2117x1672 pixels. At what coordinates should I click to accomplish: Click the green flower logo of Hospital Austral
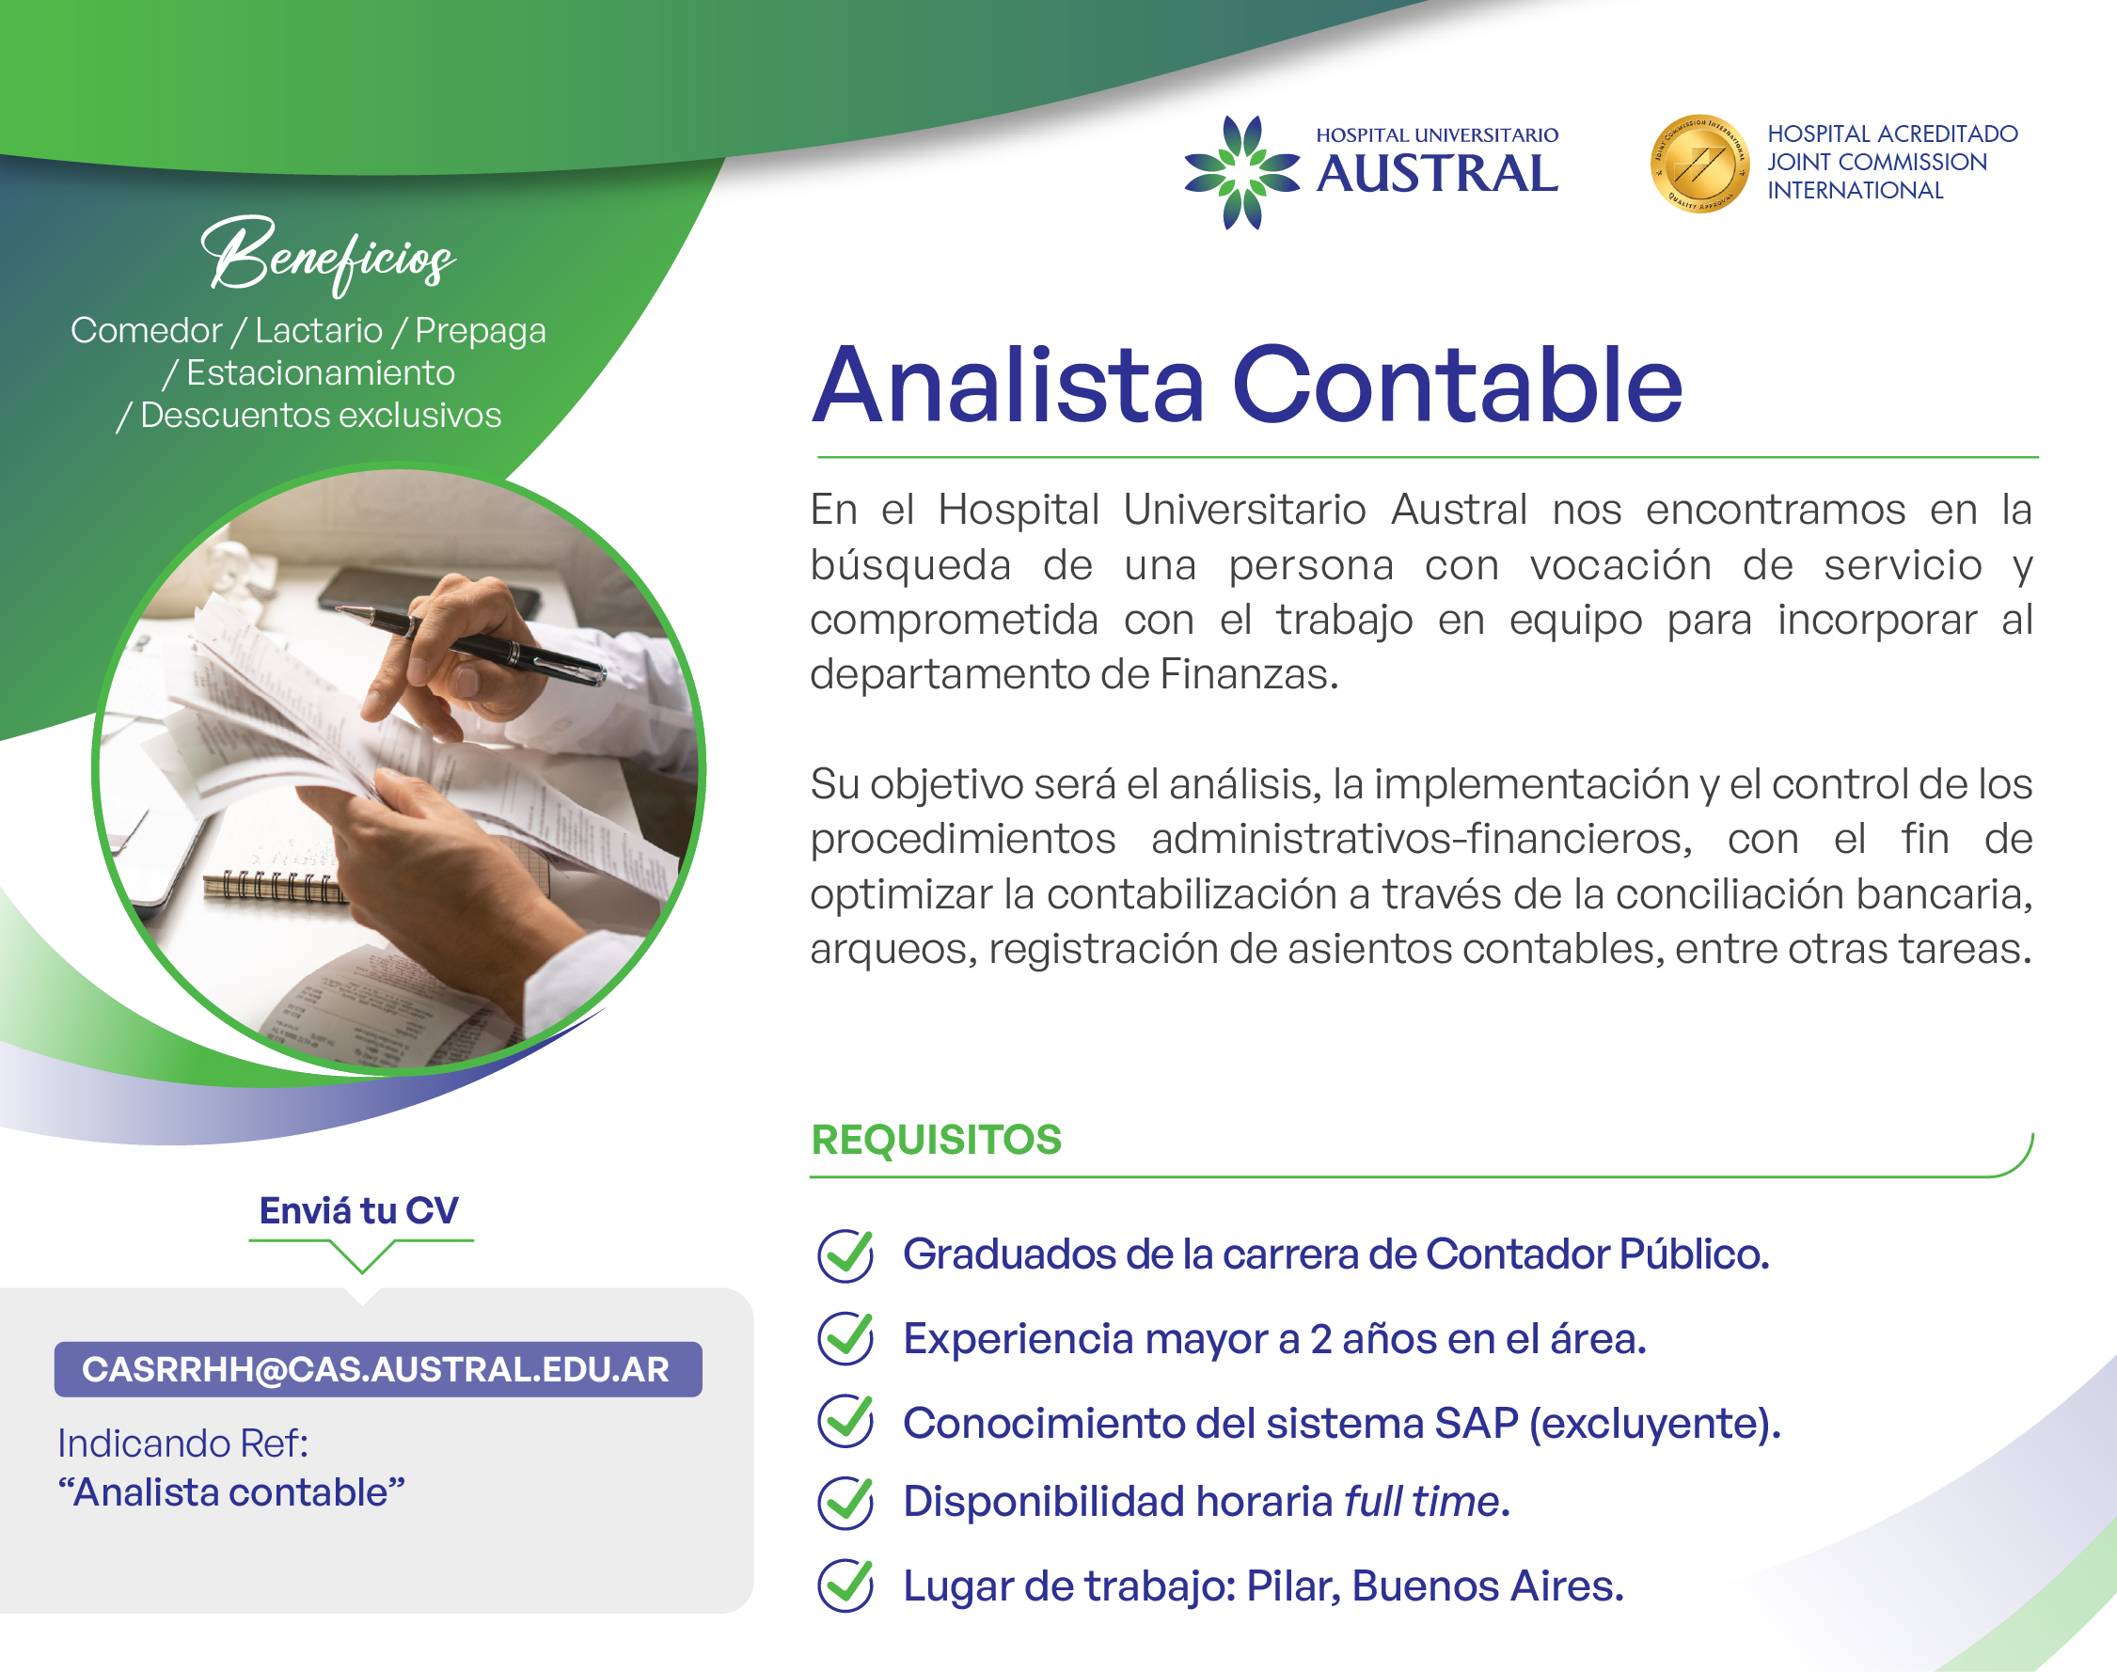(x=1242, y=172)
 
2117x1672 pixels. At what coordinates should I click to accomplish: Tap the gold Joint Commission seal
(x=1700, y=165)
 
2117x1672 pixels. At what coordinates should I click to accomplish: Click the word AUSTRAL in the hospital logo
(x=1437, y=174)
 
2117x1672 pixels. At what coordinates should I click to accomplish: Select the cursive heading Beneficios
(x=329, y=255)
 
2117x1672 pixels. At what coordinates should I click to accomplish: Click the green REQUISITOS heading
(x=937, y=1140)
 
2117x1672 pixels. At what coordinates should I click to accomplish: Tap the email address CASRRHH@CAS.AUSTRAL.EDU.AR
(x=376, y=1369)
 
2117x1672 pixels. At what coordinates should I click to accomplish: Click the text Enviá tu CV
(x=359, y=1211)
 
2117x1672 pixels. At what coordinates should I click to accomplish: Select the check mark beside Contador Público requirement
(x=845, y=1255)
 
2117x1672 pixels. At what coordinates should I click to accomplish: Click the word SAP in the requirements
(x=1476, y=1424)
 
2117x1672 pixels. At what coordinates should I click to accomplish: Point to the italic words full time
(x=1423, y=1502)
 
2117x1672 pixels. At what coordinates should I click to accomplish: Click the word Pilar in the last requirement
(x=1294, y=1586)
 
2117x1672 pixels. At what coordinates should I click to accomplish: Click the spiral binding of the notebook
(x=275, y=887)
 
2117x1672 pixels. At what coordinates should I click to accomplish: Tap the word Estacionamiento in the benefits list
(x=321, y=373)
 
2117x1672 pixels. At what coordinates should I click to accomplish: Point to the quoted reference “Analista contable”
(x=231, y=1493)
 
